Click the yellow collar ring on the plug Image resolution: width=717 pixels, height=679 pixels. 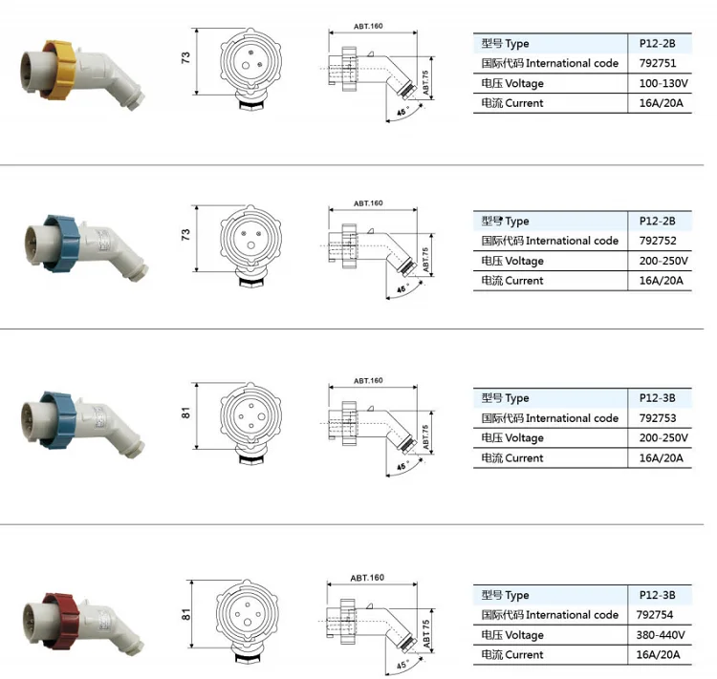(60, 70)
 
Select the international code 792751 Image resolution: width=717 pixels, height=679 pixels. (658, 63)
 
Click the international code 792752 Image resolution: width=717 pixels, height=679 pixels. (658, 241)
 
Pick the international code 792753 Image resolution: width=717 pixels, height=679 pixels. (658, 418)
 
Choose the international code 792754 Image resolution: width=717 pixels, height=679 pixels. (654, 615)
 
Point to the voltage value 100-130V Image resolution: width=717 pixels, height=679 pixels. (663, 83)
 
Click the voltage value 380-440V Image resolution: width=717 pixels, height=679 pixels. (661, 635)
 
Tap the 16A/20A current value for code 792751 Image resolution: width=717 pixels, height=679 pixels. (662, 103)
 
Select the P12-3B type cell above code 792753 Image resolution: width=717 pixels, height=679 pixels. (657, 398)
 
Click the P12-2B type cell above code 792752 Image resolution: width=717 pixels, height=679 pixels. (657, 222)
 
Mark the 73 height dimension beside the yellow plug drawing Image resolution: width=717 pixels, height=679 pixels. (185, 57)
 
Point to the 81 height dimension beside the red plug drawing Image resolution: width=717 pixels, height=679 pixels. (185, 615)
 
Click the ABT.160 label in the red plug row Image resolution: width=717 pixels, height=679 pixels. (367, 578)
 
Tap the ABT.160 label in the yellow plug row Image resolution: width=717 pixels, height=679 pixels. (368, 27)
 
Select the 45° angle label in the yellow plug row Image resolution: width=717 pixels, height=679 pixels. (402, 111)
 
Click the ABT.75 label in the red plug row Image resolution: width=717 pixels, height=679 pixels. (426, 634)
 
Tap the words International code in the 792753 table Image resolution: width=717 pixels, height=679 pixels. (572, 418)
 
